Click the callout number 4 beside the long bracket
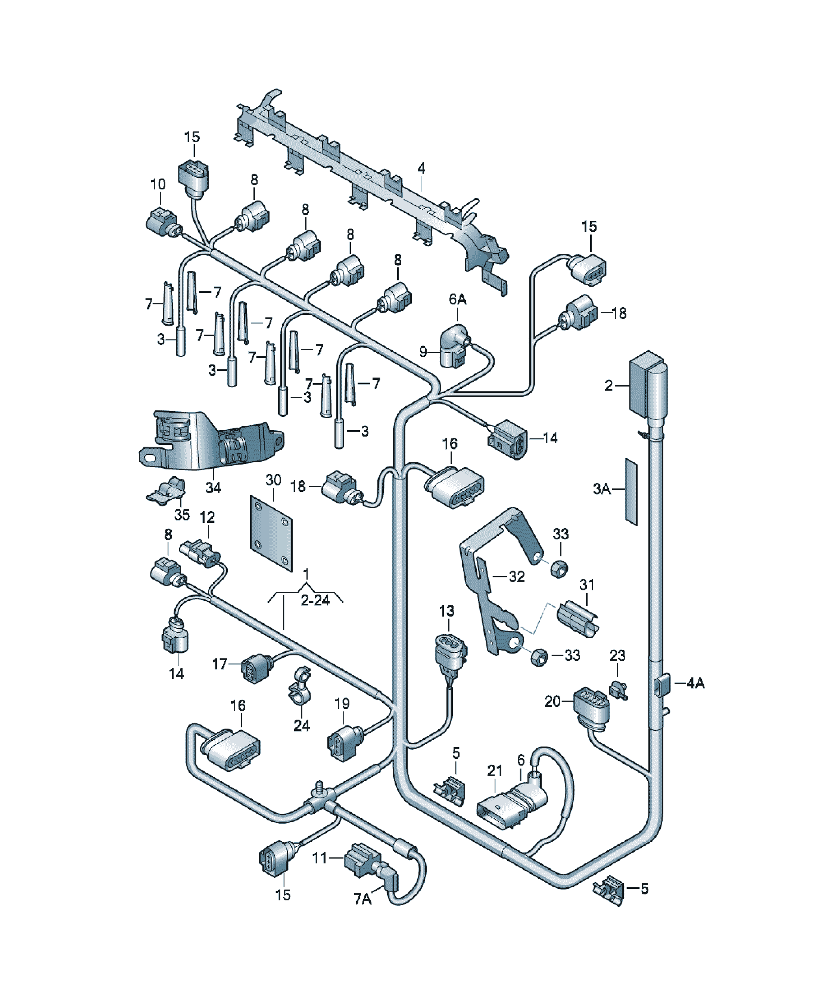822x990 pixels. point(421,168)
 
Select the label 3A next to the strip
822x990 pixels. point(602,489)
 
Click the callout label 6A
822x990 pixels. point(457,299)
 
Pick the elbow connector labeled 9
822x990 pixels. point(454,345)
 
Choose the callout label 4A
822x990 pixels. point(695,683)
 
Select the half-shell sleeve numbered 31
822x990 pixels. point(577,619)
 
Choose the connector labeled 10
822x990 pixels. point(163,223)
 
